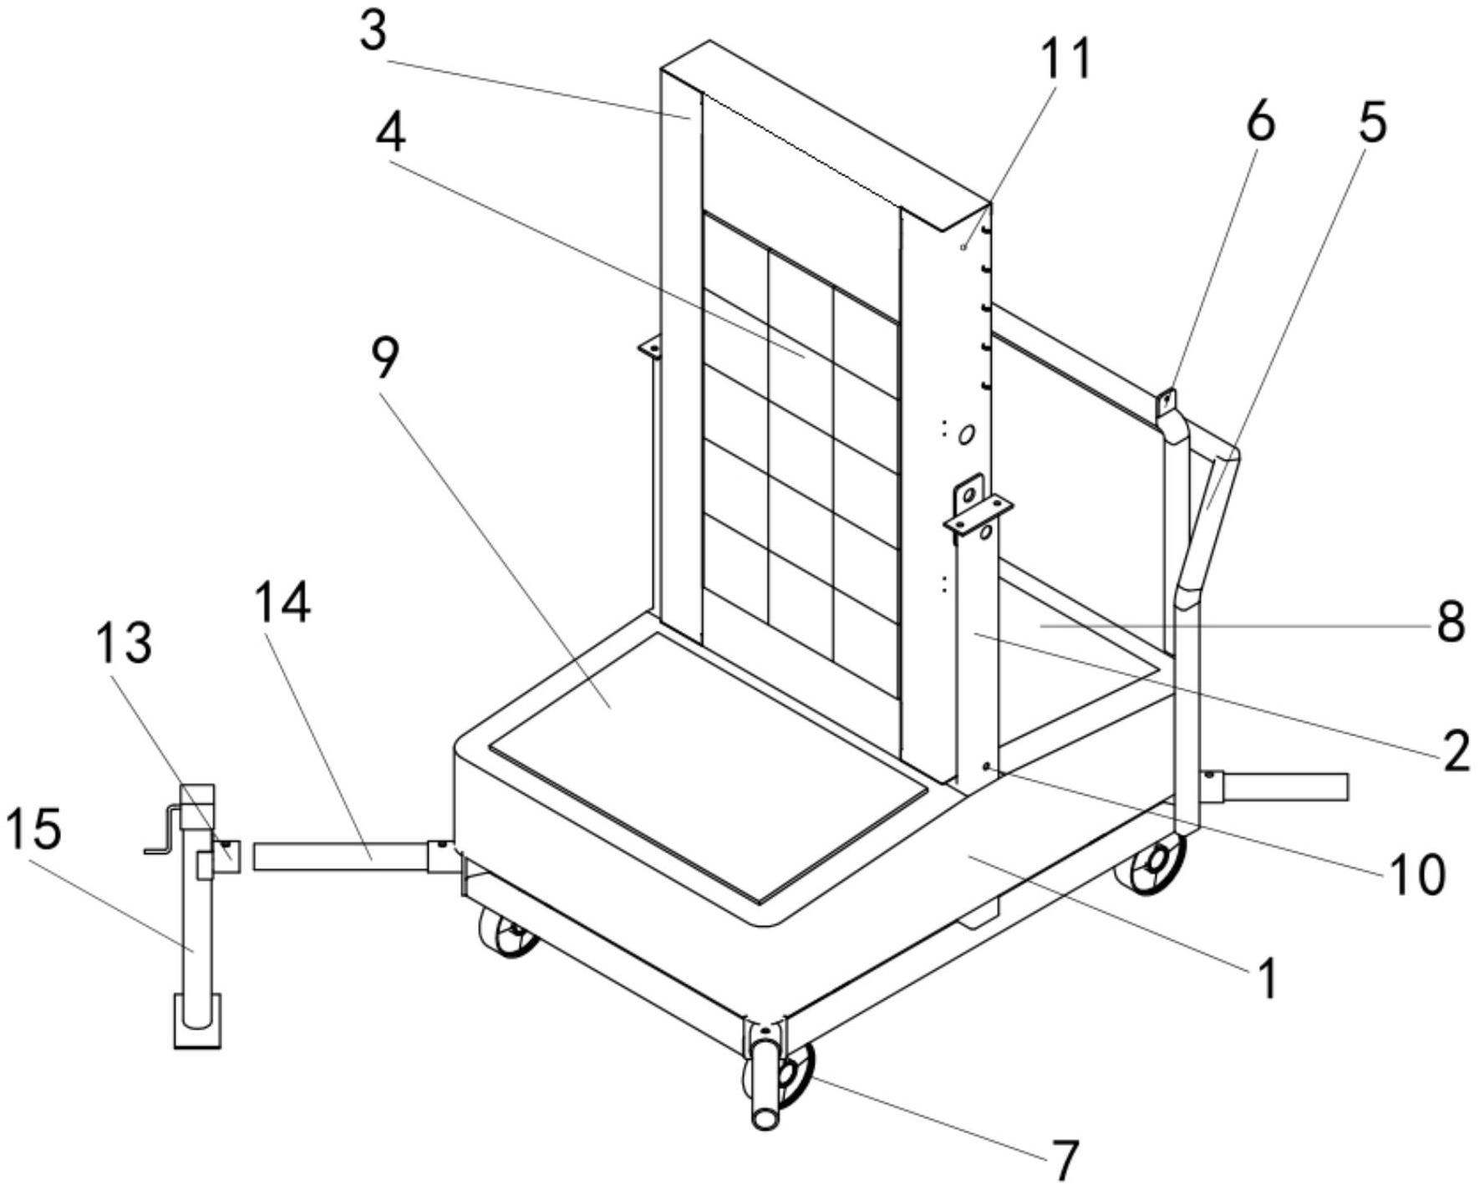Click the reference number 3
coord(374,32)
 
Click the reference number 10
coord(1415,874)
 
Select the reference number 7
coord(1065,1159)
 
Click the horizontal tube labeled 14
coord(343,857)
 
